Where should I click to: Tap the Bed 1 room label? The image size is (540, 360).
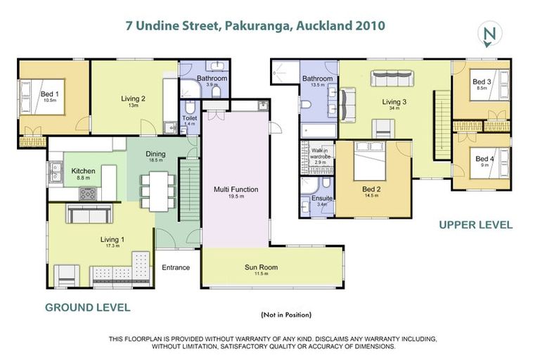click(49, 95)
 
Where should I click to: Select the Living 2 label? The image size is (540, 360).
click(134, 99)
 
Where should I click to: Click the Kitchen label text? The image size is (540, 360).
click(83, 172)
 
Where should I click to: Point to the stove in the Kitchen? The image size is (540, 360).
click(89, 193)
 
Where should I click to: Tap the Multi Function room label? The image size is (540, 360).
click(236, 190)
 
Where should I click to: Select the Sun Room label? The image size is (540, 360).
click(261, 267)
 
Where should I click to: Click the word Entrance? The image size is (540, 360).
click(176, 267)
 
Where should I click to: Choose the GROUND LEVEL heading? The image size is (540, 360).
click(88, 307)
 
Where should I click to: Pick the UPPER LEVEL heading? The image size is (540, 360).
click(475, 225)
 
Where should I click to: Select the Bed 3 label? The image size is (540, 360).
click(482, 82)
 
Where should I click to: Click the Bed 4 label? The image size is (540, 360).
click(484, 159)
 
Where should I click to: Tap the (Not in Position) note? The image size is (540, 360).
click(285, 314)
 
